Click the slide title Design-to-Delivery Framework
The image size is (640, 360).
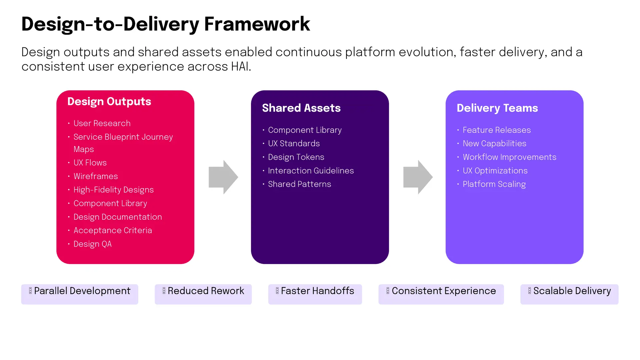coord(166,24)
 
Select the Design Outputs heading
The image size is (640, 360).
coord(109,102)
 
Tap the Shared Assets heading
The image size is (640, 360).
coord(301,108)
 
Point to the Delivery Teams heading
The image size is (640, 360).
coord(497,108)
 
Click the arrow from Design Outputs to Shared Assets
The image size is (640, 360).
coord(223,177)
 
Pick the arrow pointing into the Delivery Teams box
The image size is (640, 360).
coord(418,177)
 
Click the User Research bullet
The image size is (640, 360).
coord(102,123)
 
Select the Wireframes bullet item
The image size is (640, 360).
coord(96,176)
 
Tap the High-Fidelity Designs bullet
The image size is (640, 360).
coord(114,190)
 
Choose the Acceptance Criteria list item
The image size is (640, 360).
coord(113,231)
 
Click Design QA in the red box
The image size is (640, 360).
coord(93,244)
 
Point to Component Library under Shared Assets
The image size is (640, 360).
coord(305,130)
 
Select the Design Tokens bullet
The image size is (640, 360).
coord(296,157)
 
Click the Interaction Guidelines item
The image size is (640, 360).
coord(311,171)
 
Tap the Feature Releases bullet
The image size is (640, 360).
coord(497,130)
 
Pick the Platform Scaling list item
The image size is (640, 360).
coord(494,184)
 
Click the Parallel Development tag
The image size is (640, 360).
coord(80,294)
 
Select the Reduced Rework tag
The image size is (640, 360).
coord(203,294)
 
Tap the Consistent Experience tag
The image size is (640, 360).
coord(441,294)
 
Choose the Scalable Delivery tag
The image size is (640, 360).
coord(569,294)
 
